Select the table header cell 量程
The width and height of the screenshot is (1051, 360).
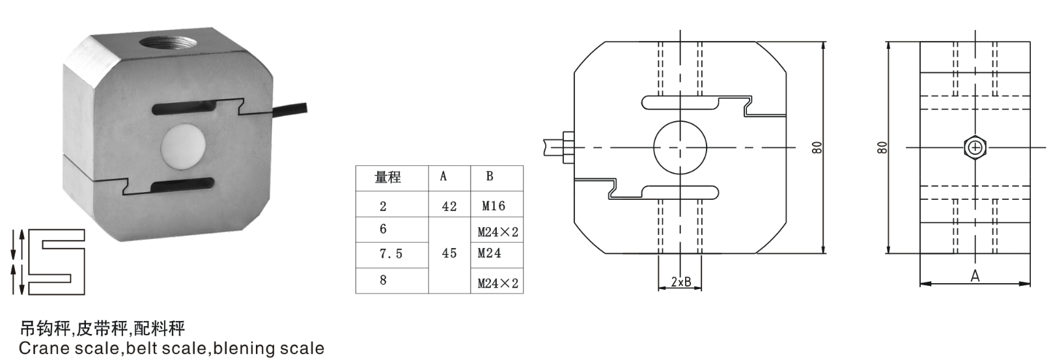(x=388, y=177)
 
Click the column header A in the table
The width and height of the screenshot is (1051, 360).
(x=443, y=176)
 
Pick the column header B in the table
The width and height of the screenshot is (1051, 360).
(x=490, y=176)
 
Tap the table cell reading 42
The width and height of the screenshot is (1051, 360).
(x=449, y=206)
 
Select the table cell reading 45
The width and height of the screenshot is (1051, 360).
(x=449, y=253)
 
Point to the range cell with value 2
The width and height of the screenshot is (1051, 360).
(x=384, y=206)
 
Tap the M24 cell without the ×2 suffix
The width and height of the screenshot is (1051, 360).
(x=490, y=253)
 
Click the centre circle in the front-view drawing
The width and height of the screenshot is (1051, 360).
(x=680, y=148)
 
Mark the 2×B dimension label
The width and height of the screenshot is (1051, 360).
(x=680, y=283)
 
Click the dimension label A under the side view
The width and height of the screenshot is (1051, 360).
(x=975, y=277)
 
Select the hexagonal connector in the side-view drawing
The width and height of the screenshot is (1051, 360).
(x=975, y=148)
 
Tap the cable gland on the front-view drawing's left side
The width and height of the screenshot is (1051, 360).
(x=566, y=148)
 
